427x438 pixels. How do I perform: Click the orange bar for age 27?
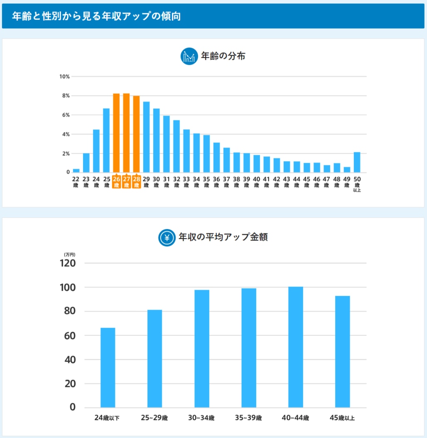click(126, 133)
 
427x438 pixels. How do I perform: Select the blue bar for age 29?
click(146, 137)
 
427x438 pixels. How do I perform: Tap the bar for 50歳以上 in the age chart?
click(357, 162)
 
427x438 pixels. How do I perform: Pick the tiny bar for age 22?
click(76, 170)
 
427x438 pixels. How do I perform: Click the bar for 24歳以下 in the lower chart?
click(108, 367)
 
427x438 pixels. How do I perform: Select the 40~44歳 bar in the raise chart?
click(296, 347)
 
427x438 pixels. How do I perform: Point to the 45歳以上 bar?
click(343, 351)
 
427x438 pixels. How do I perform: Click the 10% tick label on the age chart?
click(64, 77)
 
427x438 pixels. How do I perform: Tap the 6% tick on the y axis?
click(66, 115)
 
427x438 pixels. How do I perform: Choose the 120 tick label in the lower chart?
click(68, 263)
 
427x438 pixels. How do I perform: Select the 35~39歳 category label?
click(249, 418)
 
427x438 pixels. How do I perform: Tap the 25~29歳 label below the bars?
click(155, 418)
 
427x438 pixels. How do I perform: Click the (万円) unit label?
click(69, 254)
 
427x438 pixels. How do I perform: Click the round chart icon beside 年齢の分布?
click(189, 56)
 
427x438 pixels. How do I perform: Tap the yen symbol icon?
click(167, 238)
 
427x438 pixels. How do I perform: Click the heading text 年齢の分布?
click(223, 56)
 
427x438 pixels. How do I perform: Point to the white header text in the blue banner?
click(96, 16)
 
